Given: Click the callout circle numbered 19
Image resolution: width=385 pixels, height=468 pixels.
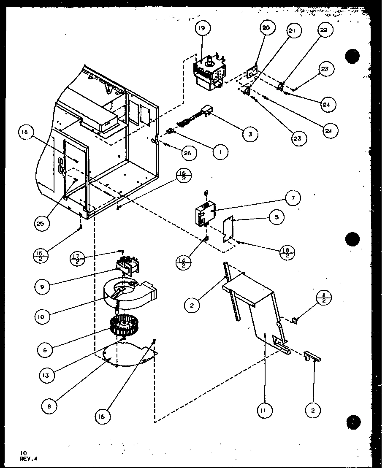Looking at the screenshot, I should tap(202, 29).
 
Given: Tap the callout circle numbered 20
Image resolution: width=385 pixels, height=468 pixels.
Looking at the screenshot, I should tap(266, 29).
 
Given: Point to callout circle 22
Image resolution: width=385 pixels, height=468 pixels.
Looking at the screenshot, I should tap(323, 30).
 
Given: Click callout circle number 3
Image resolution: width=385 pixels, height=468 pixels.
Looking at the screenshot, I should tap(251, 134).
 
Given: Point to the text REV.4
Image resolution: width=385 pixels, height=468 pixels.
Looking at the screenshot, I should tap(28, 459).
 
